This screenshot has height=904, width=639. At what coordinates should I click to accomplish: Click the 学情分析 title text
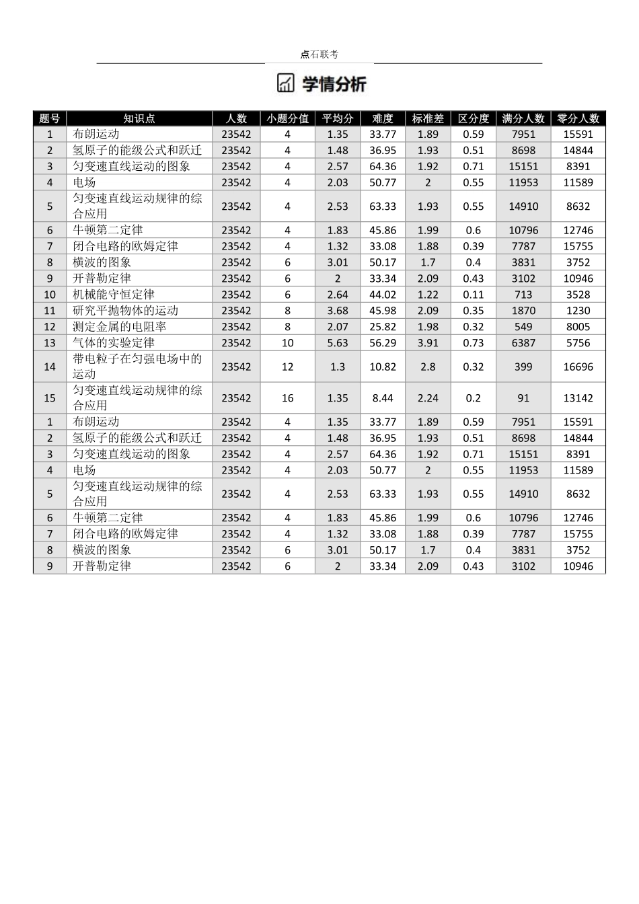[x=334, y=84]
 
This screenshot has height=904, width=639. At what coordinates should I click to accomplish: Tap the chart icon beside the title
[x=286, y=83]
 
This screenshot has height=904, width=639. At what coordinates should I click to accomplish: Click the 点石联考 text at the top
[x=319, y=54]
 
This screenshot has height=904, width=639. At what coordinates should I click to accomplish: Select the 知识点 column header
[x=139, y=118]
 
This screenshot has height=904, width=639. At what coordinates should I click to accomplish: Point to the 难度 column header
[x=382, y=118]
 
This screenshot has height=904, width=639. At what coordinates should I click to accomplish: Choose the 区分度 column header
[x=473, y=118]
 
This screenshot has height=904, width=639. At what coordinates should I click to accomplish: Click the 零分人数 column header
[x=578, y=118]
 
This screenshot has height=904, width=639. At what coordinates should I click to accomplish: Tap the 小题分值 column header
[x=287, y=118]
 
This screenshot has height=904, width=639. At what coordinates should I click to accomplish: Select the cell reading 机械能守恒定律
[x=114, y=295]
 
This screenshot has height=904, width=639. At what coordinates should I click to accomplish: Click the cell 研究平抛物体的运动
[x=125, y=311]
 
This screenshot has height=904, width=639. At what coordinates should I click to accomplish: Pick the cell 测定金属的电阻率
[x=119, y=327]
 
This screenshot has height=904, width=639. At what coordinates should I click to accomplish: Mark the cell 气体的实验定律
[x=114, y=343]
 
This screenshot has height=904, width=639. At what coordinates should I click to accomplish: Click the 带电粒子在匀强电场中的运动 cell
[x=137, y=367]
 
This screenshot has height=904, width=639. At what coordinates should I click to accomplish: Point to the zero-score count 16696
[x=578, y=367]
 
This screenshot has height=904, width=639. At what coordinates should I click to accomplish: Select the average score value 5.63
[x=338, y=343]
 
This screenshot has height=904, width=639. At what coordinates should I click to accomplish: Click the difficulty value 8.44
[x=382, y=398]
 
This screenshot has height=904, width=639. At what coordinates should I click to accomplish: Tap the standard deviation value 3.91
[x=428, y=343]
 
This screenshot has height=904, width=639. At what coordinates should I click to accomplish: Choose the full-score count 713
[x=523, y=295]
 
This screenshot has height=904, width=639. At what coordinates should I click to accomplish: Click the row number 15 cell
[x=50, y=398]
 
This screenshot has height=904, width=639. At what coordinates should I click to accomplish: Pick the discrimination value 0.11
[x=473, y=295]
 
